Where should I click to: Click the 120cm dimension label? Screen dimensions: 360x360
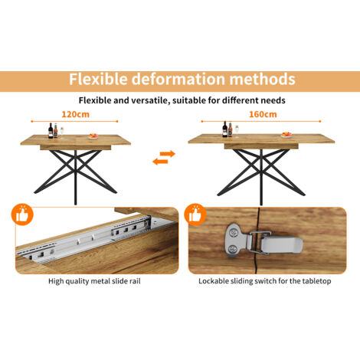pyautogui.click(x=76, y=114)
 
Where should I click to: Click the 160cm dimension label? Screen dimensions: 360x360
pyautogui.click(x=263, y=114)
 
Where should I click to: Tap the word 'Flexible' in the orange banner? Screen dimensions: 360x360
pyautogui.click(x=98, y=79)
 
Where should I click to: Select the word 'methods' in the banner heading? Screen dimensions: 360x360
pyautogui.click(x=263, y=79)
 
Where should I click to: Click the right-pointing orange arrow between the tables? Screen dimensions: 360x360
pyautogui.click(x=168, y=154)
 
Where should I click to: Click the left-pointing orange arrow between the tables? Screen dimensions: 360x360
pyautogui.click(x=160, y=162)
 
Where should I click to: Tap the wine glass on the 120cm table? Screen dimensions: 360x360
pyautogui.click(x=62, y=133)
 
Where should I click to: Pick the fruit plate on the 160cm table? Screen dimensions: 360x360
pyautogui.click(x=286, y=135)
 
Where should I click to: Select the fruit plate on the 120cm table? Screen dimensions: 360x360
pyautogui.click(x=93, y=136)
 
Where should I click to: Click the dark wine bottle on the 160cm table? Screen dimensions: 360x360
pyautogui.click(x=224, y=129)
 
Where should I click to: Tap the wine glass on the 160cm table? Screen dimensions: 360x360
pyautogui.click(x=237, y=131)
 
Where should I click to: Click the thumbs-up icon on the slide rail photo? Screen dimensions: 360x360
pyautogui.click(x=22, y=214)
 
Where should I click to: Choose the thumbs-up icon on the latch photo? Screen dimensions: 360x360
pyautogui.click(x=195, y=214)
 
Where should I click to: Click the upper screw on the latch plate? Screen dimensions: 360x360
pyautogui.click(x=234, y=233)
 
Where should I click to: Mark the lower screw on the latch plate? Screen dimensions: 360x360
pyautogui.click(x=233, y=249)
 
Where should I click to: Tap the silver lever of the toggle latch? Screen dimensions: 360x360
pyautogui.click(x=281, y=244)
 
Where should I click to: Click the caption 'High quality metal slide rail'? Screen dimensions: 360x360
pyautogui.click(x=94, y=281)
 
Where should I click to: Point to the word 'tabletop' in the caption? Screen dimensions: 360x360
pyautogui.click(x=316, y=281)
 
